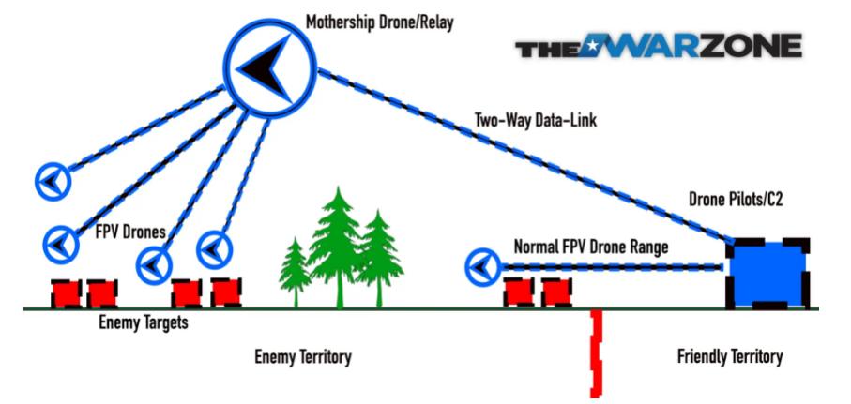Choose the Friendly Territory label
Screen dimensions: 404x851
[x=729, y=357]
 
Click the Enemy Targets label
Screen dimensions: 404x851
[x=141, y=324]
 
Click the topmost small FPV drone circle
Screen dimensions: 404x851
[x=52, y=178]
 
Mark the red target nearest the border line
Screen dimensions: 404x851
[x=556, y=292]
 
